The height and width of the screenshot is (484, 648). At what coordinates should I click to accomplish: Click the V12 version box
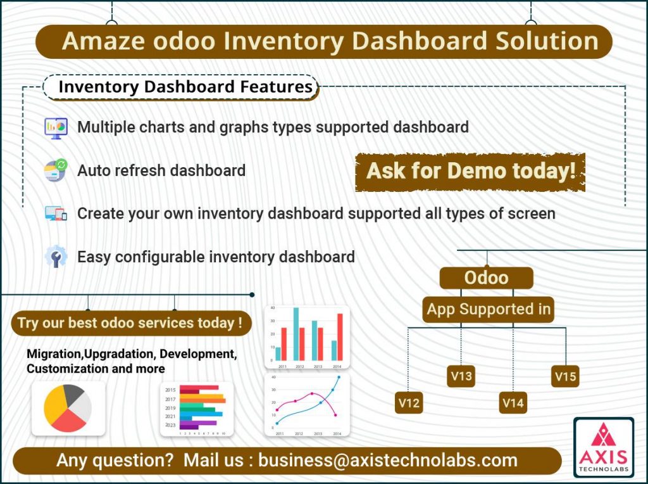pyautogui.click(x=408, y=403)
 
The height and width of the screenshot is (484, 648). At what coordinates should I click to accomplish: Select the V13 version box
pyautogui.click(x=461, y=376)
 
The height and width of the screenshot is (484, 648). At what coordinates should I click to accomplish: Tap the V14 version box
pyautogui.click(x=513, y=403)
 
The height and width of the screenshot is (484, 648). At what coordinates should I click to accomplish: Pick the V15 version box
pyautogui.click(x=565, y=376)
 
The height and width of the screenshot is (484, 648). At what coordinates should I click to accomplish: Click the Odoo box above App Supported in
pyautogui.click(x=486, y=278)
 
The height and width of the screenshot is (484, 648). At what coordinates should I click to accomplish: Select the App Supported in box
pyautogui.click(x=489, y=310)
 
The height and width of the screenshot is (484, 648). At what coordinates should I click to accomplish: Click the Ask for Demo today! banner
pyautogui.click(x=470, y=172)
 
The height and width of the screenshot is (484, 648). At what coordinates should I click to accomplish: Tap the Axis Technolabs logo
pyautogui.click(x=603, y=447)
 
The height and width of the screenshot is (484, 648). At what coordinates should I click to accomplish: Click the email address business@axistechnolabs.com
pyautogui.click(x=387, y=460)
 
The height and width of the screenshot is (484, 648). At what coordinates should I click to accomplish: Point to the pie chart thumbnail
pyautogui.click(x=68, y=408)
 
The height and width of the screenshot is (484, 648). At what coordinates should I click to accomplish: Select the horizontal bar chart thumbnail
pyautogui.click(x=197, y=409)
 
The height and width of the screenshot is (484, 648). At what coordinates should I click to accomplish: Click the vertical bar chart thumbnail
pyautogui.click(x=307, y=337)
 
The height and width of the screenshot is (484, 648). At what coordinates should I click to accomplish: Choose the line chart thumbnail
pyautogui.click(x=307, y=405)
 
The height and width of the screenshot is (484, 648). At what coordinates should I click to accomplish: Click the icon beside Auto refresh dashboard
pyautogui.click(x=56, y=170)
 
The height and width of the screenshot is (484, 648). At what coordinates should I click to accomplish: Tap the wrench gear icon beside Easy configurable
pyautogui.click(x=56, y=257)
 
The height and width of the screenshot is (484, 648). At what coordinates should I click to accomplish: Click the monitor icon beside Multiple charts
pyautogui.click(x=56, y=127)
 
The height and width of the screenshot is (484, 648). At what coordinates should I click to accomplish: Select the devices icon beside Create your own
pyautogui.click(x=56, y=213)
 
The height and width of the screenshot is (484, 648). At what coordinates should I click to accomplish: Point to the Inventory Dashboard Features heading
pyautogui.click(x=185, y=87)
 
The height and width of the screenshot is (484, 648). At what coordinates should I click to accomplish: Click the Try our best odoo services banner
pyautogui.click(x=130, y=323)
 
